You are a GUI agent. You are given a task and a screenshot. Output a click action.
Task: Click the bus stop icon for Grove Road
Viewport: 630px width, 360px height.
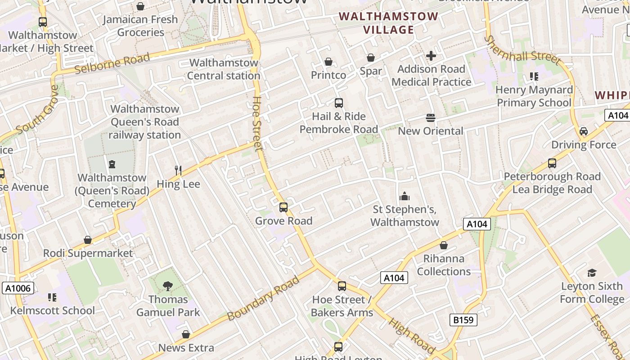pyautogui.click(x=283, y=207)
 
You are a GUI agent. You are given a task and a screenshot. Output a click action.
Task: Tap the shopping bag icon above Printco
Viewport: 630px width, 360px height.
pyautogui.click(x=328, y=62)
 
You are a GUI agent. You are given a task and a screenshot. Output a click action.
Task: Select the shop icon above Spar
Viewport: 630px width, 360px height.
pyautogui.click(x=371, y=58)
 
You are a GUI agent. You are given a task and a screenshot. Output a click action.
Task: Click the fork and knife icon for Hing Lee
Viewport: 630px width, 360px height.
pyautogui.click(x=179, y=170)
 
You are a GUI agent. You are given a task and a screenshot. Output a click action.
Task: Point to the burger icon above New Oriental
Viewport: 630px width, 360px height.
pyautogui.click(x=431, y=118)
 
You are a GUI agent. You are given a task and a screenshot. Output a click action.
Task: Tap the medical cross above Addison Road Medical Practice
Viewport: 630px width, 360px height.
pyautogui.click(x=431, y=56)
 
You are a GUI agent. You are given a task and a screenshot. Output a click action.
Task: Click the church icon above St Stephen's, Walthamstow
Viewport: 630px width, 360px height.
pyautogui.click(x=405, y=196)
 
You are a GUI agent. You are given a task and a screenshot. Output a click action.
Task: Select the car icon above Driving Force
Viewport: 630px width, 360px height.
pyautogui.click(x=584, y=131)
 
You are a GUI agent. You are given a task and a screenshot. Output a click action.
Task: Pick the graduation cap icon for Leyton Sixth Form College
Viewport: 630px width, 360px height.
pyautogui.click(x=592, y=273)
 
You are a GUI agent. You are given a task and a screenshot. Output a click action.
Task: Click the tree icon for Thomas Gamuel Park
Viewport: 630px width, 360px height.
pyautogui.click(x=168, y=286)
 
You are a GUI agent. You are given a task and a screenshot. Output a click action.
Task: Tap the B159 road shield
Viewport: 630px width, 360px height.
pyautogui.click(x=463, y=320)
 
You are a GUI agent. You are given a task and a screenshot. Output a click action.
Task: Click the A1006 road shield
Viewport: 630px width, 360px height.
pyautogui.click(x=18, y=288)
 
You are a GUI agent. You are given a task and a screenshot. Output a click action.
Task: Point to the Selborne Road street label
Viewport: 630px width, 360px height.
pyautogui.click(x=112, y=63)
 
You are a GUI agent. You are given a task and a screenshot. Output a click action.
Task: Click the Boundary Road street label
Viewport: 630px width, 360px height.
pyautogui.click(x=264, y=298)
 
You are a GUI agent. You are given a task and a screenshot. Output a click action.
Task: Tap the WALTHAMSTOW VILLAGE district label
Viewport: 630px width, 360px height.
pyautogui.click(x=388, y=23)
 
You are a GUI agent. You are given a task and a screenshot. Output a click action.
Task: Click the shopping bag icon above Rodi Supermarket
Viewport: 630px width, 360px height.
pyautogui.click(x=88, y=240)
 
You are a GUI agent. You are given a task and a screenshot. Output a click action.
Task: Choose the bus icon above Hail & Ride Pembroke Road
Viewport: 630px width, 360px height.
pyautogui.click(x=339, y=103)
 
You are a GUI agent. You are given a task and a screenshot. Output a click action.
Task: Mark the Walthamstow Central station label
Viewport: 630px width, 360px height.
pyautogui.click(x=224, y=69)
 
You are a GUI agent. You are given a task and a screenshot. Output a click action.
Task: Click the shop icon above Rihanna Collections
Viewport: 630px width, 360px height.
pyautogui.click(x=444, y=245)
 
